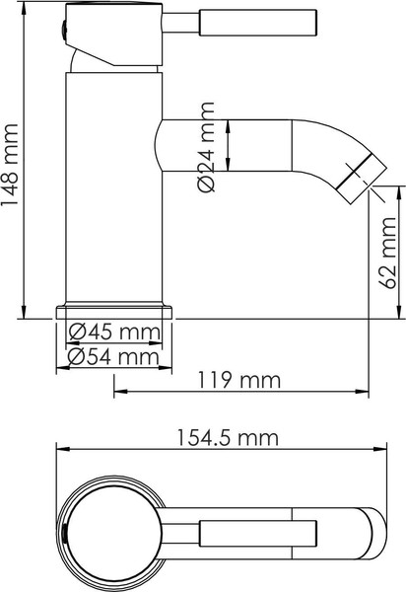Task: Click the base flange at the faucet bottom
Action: click(113, 311)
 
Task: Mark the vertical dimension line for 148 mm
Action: click(24, 163)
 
